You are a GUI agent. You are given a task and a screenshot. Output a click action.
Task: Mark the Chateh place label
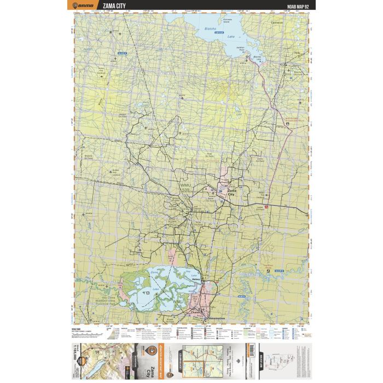pyautogui.click(x=196, y=312)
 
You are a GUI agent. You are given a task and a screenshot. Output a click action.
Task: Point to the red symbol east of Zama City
pyautogui.click(x=266, y=207)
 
